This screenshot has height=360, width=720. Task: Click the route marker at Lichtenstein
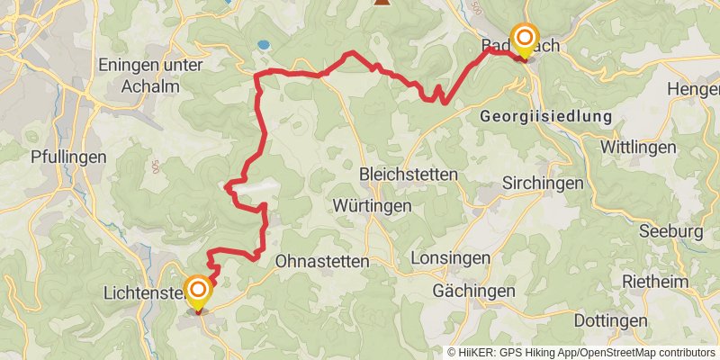click(x=197, y=292)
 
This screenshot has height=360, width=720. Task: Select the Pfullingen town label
click(x=68, y=157)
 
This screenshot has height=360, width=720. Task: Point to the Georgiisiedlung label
click(x=545, y=117)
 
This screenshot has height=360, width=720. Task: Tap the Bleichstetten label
click(x=408, y=174)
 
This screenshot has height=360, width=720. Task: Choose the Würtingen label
click(x=372, y=205)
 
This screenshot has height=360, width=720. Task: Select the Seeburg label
click(x=670, y=231)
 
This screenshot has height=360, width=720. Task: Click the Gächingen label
click(x=473, y=291)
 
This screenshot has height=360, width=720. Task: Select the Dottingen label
click(x=612, y=320)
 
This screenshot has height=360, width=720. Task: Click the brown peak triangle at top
click(x=382, y=3)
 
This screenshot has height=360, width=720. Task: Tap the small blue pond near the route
click(x=262, y=44)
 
